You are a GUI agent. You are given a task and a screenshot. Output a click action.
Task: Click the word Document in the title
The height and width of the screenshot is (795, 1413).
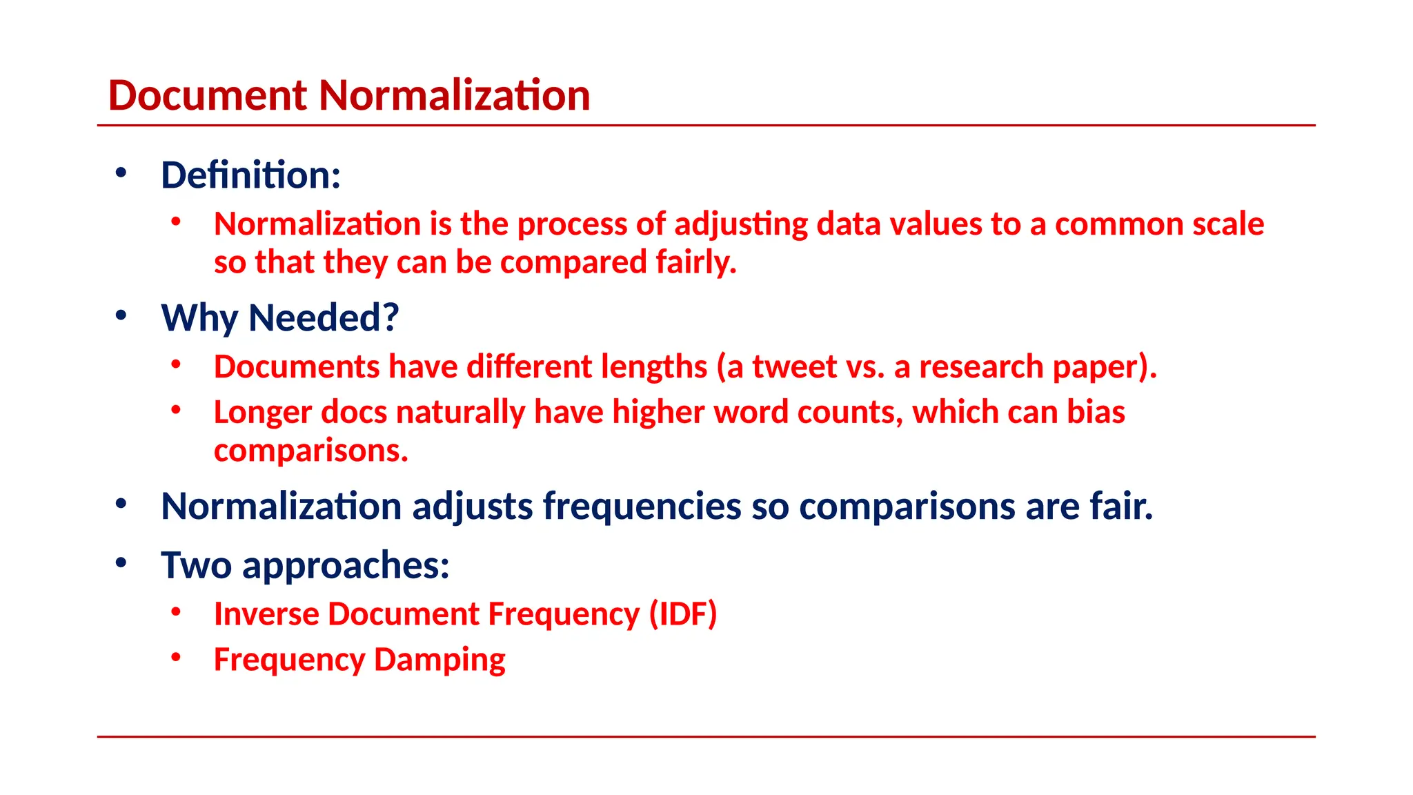coord(207,95)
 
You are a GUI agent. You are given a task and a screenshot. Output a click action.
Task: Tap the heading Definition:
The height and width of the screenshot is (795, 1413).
coord(250,175)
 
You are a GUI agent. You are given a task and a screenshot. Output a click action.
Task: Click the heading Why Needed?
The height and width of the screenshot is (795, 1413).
coord(279,318)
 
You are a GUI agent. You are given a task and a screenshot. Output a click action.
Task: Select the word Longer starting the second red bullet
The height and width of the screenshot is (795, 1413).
coord(262,413)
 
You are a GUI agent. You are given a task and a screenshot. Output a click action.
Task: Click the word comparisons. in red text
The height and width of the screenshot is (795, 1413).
coord(310,451)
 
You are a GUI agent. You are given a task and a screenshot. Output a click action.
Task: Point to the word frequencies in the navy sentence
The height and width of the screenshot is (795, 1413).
coord(642,507)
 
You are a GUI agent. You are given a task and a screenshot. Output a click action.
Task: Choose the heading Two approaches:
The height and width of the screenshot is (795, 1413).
coord(305,565)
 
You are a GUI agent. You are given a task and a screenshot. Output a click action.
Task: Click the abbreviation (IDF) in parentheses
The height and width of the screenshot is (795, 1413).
coord(683,614)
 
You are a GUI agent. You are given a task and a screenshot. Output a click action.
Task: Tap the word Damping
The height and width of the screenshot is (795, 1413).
coord(439,660)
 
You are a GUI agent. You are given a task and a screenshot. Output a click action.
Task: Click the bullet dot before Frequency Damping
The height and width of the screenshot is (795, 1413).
coord(176,657)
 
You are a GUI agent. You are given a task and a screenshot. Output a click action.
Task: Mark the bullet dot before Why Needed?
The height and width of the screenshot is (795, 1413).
coord(121,315)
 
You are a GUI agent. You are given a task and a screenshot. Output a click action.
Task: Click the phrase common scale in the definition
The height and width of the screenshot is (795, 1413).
coord(1159,225)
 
